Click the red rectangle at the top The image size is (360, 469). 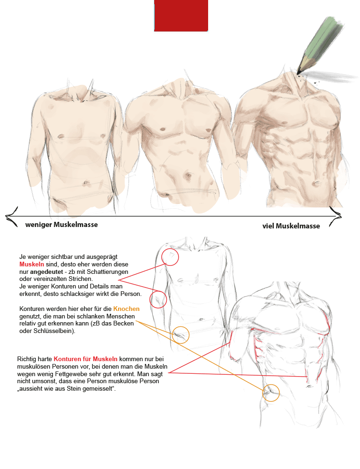181,15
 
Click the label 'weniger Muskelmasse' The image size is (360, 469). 61,225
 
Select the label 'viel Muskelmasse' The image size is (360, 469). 291,226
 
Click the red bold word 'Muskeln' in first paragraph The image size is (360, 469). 31,265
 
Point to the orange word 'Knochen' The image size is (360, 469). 127,309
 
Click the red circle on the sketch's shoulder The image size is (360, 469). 170,257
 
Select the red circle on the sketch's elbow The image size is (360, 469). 158,299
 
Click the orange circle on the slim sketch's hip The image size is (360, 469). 180,335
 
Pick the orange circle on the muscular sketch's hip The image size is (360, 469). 271,393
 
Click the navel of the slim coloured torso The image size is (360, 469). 86,182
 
